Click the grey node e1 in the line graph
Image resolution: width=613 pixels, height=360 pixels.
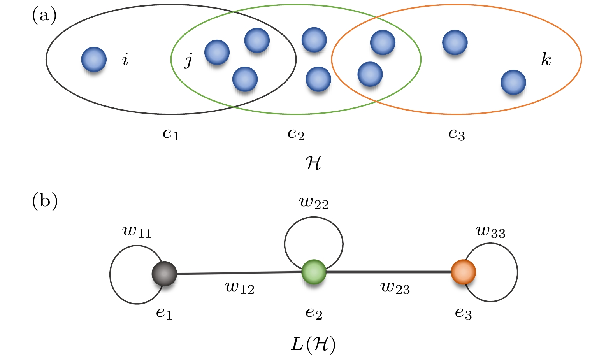(164, 274)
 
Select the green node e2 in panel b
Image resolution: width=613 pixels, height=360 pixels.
(314, 272)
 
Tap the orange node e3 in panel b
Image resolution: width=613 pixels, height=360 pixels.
(463, 272)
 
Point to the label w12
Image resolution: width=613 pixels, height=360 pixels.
(239, 288)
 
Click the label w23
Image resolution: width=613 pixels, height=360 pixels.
(395, 288)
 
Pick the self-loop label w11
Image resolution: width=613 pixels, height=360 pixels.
(137, 232)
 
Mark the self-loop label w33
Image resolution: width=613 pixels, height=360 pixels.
(490, 232)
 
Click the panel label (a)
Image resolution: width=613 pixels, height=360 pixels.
(44, 16)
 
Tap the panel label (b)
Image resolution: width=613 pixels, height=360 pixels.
(45, 201)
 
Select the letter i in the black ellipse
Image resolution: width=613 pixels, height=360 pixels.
(125, 60)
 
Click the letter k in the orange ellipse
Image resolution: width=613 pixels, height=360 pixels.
(546, 60)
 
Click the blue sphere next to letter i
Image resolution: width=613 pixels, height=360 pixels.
(94, 60)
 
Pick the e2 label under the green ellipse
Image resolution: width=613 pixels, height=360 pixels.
(296, 134)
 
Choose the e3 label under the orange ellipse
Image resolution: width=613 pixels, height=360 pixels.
(457, 134)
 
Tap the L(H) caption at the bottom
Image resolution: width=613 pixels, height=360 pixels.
(313, 345)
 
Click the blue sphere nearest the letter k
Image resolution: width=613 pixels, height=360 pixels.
(513, 82)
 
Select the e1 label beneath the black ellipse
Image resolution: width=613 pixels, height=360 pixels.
(171, 134)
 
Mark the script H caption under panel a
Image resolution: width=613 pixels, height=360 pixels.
(313, 163)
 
